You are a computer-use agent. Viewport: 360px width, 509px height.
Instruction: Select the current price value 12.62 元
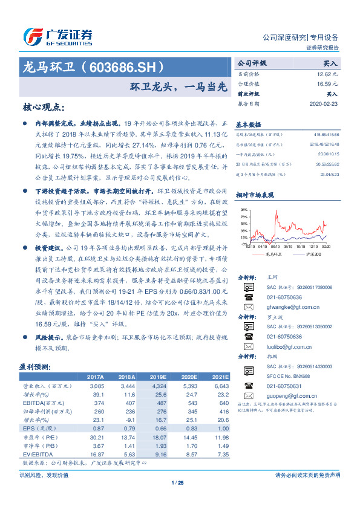pos(327,73)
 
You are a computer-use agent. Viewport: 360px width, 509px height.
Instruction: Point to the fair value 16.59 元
pos(327,84)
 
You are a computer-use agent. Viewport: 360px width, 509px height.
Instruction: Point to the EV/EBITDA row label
pos(36,453)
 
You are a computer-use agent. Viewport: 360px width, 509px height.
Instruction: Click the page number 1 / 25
pos(177,482)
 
